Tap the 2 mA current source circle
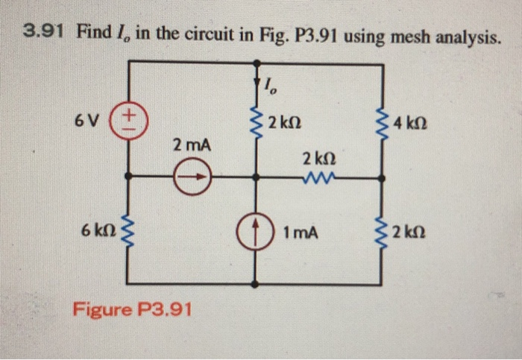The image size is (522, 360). [x=192, y=178]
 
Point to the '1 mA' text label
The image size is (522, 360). [x=301, y=233]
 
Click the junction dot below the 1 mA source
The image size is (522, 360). [x=257, y=284]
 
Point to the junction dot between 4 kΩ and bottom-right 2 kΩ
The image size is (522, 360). [x=383, y=178]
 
